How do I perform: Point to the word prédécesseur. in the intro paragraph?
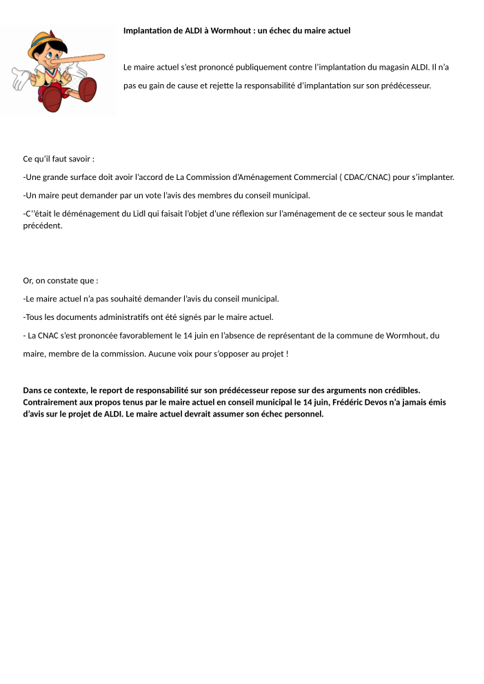(407, 86)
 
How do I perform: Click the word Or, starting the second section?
(28, 281)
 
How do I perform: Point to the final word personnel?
(302, 414)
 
